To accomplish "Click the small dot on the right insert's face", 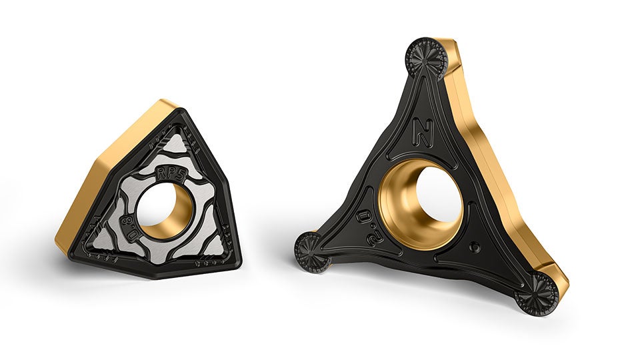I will (x=474, y=247).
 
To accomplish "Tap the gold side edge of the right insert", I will (x=493, y=167).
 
